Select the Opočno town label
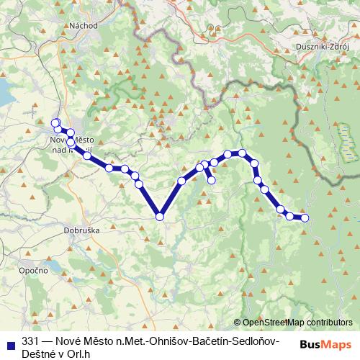tap(33, 269)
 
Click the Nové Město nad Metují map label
tap(71, 144)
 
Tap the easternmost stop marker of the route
tap(305, 217)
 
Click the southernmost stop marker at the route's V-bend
tap(160, 215)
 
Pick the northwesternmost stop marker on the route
tap(55, 122)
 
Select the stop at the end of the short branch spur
tap(212, 181)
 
